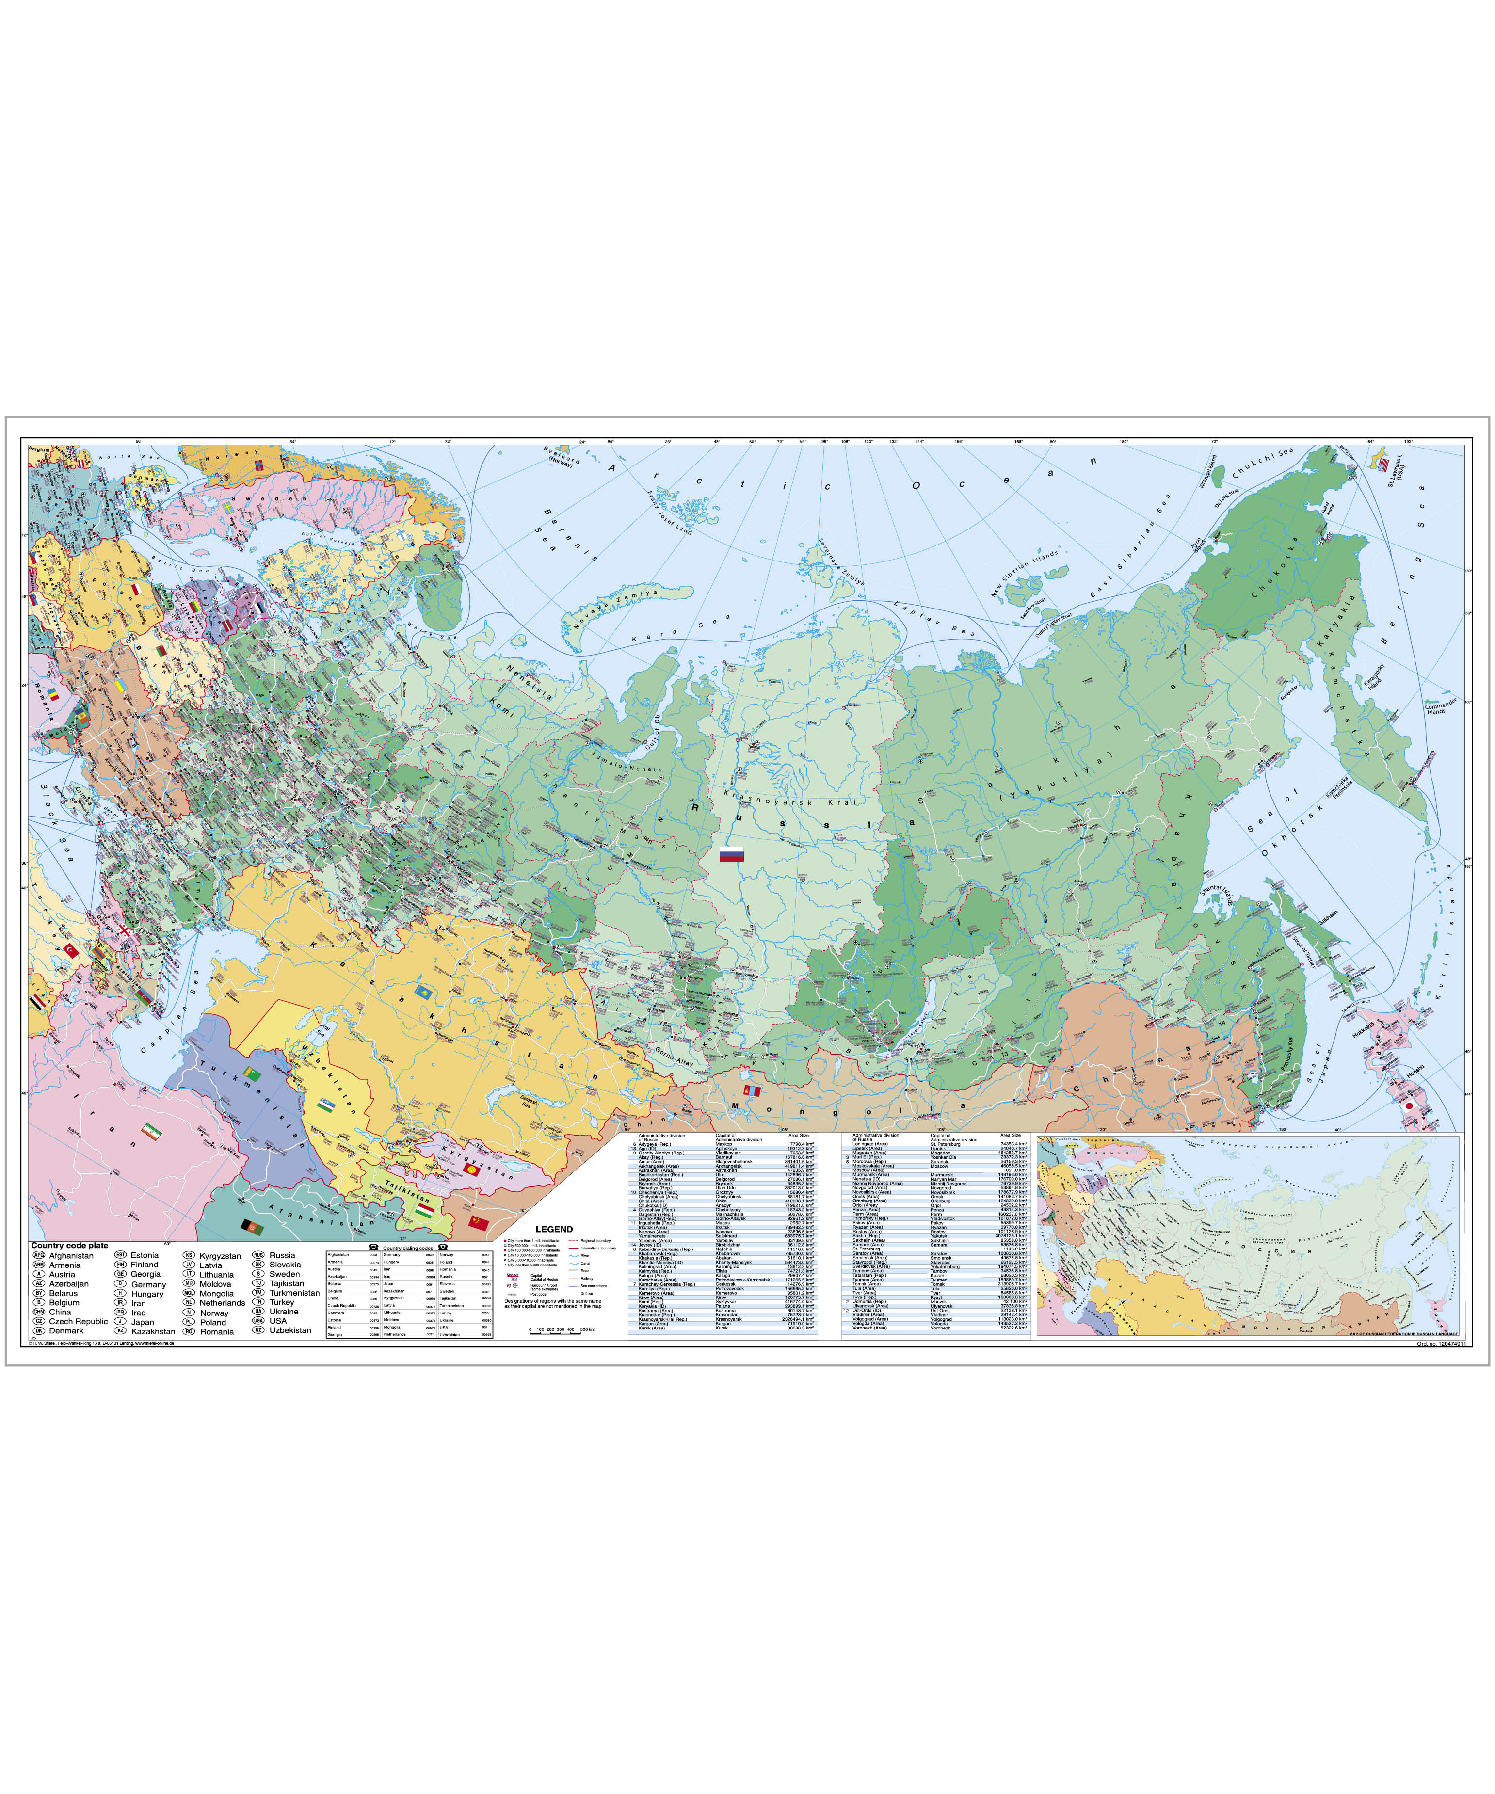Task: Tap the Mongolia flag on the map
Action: tap(753, 1092)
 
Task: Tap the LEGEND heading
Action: tap(554, 1229)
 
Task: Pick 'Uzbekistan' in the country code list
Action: tap(290, 1330)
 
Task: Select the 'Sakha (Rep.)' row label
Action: tap(866, 1236)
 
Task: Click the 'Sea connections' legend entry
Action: tap(594, 1286)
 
